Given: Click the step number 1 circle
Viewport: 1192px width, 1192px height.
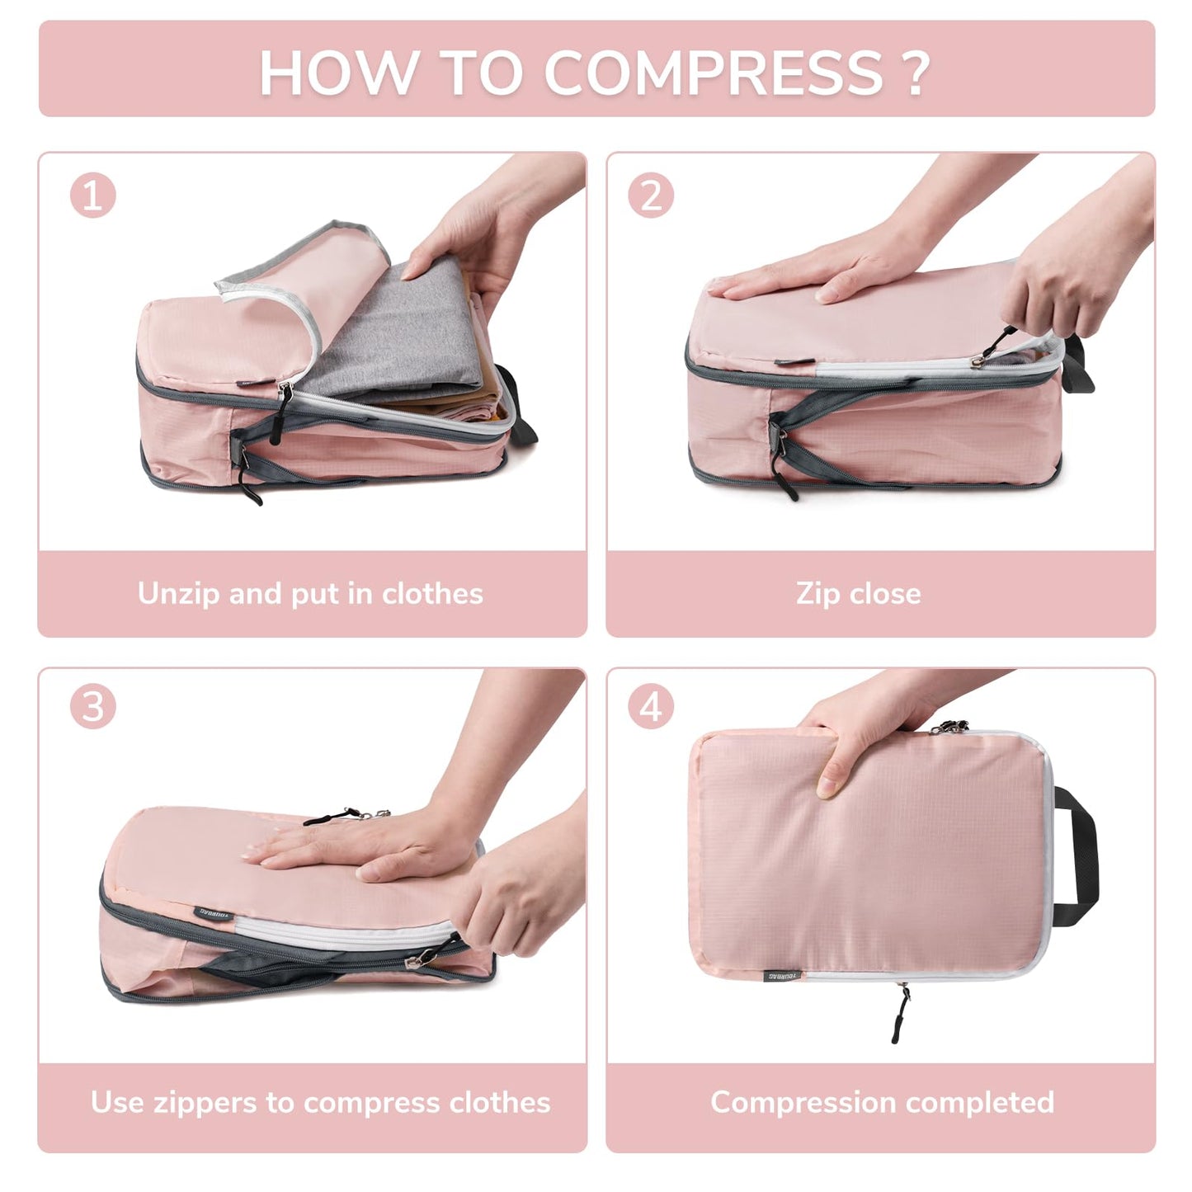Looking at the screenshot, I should [x=92, y=196].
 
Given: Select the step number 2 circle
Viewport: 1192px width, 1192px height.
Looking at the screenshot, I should [x=651, y=196].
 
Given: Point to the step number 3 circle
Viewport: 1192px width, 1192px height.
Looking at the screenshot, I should [x=92, y=707].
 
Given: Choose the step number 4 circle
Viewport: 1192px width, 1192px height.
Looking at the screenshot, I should [x=651, y=707].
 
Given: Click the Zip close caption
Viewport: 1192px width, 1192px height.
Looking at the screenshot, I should [x=858, y=594].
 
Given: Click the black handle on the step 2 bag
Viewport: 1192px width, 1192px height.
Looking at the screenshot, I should [x=1079, y=363].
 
